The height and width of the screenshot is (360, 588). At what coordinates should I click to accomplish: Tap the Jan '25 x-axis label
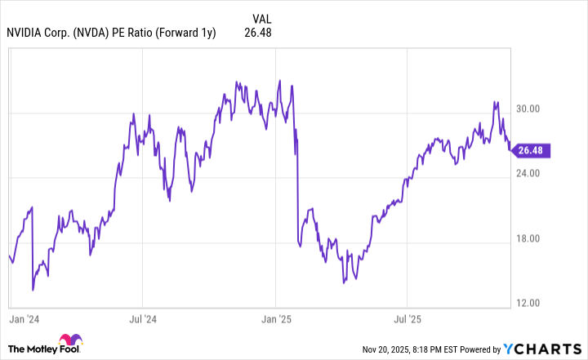(277, 317)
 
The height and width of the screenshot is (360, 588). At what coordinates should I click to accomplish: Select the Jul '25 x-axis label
(408, 317)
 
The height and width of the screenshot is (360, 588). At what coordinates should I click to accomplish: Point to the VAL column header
(262, 18)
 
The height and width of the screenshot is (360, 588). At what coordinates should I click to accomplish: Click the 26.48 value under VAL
(257, 33)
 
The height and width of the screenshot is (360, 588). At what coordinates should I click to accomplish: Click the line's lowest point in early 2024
(33, 289)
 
